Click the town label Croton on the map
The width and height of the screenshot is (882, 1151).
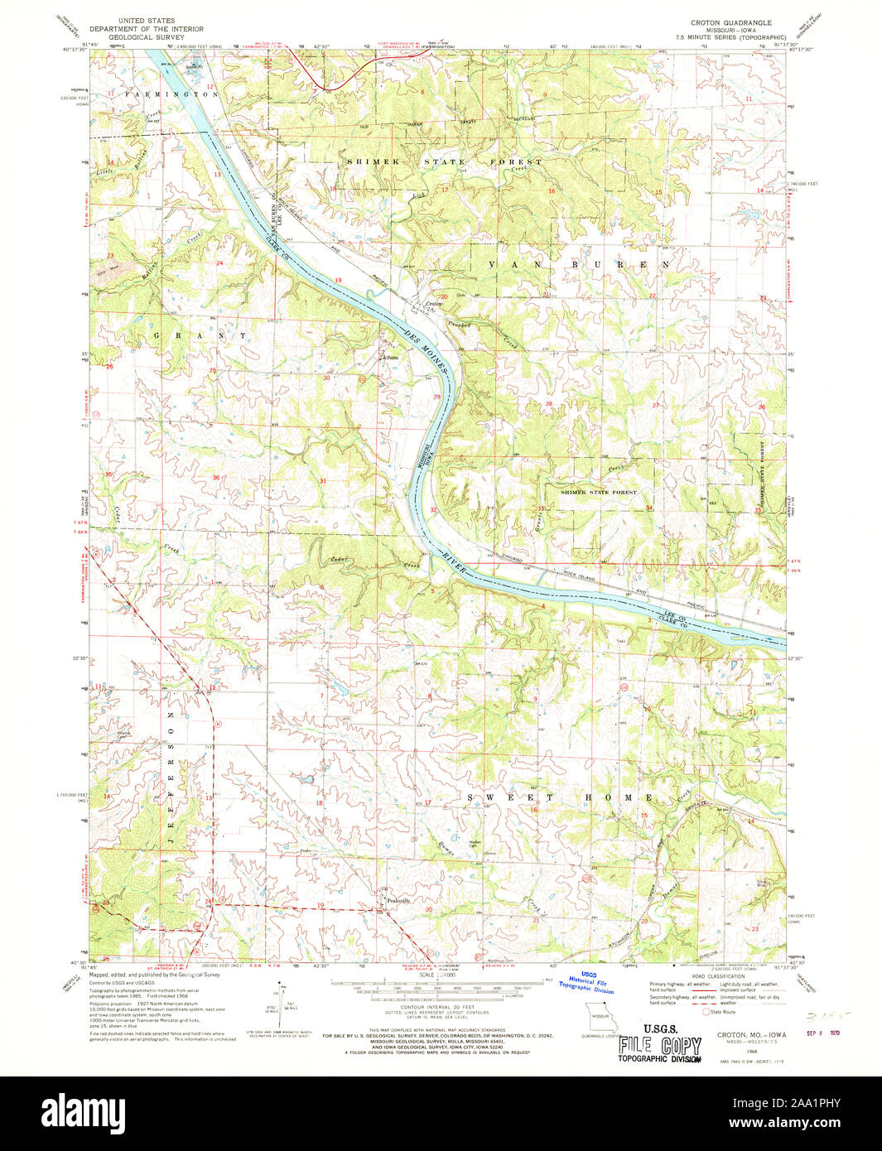click(x=434, y=304)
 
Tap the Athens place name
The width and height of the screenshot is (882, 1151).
click(x=389, y=358)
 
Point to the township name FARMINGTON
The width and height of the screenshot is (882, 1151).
click(x=171, y=95)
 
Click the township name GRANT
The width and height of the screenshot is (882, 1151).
click(x=200, y=336)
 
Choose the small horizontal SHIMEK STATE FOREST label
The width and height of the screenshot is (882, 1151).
click(x=599, y=492)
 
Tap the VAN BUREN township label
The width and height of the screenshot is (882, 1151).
click(x=579, y=265)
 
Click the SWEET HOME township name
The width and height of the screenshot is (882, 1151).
click(x=560, y=797)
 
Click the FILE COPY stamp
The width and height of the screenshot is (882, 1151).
click(x=660, y=1046)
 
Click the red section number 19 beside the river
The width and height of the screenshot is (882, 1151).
click(x=338, y=281)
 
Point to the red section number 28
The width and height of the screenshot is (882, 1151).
click(x=548, y=404)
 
